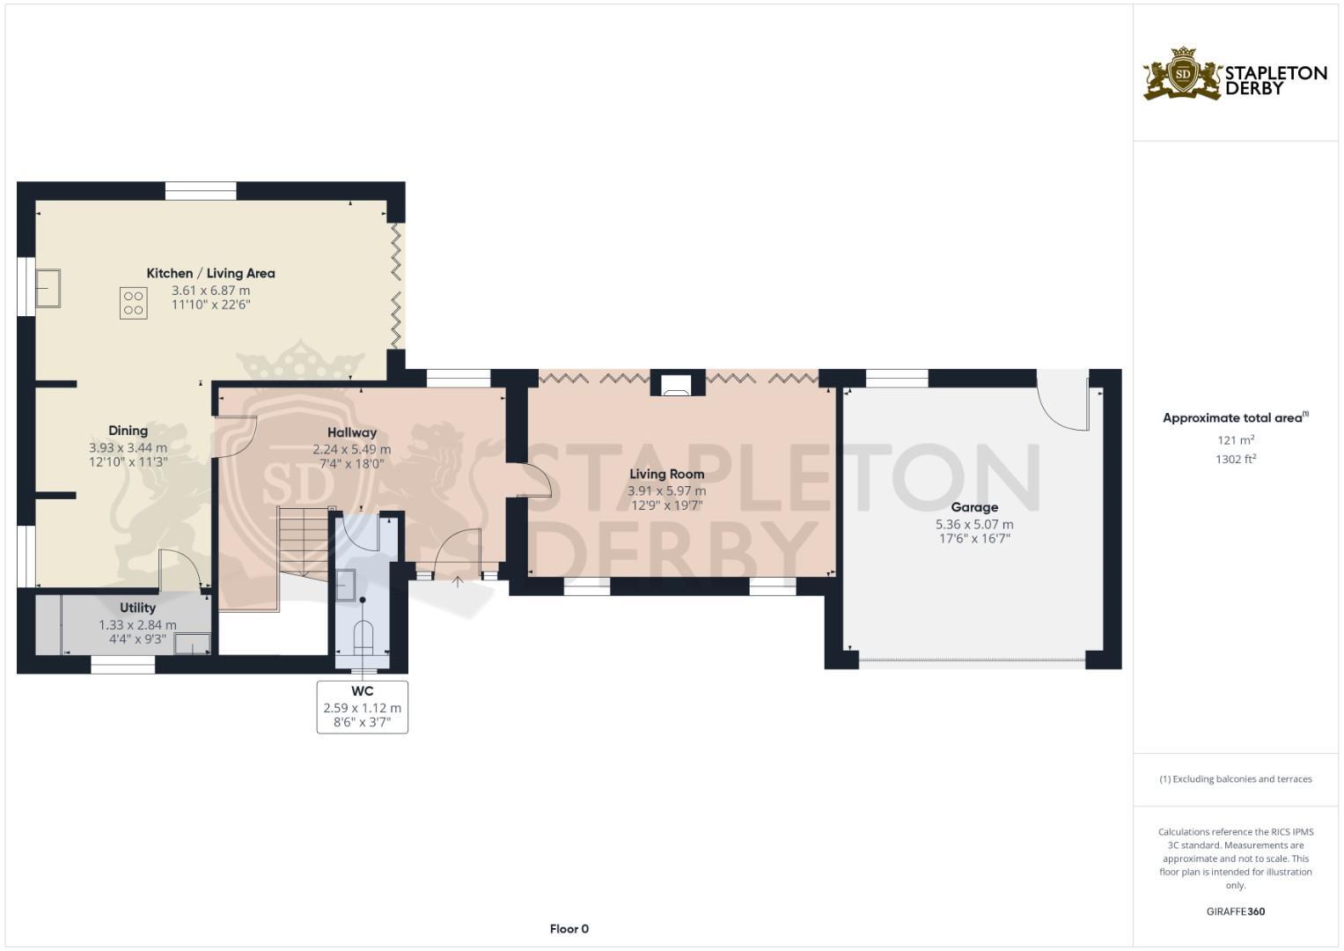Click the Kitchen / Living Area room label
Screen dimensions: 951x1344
coord(210,273)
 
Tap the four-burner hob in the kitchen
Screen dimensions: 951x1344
coord(134,303)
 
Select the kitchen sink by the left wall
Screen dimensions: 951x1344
coord(48,288)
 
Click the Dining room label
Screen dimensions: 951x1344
coord(128,431)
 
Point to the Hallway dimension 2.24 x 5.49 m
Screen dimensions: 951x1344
coord(351,449)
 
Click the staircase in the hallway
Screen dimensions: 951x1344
coord(304,542)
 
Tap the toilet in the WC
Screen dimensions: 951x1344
coord(363,637)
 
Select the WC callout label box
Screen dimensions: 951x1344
coord(362,706)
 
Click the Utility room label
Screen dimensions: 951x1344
coord(137,608)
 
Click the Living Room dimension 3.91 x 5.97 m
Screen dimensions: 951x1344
coord(666,490)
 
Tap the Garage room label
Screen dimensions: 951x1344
coord(974,507)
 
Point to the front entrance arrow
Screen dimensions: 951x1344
coord(457,582)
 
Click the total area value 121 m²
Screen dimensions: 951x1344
coord(1235,440)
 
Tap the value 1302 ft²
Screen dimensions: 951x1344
coord(1235,459)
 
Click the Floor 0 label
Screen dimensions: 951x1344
coord(569,929)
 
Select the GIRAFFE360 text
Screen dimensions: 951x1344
coord(1235,911)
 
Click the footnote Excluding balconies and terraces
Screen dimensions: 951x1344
coord(1235,779)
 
